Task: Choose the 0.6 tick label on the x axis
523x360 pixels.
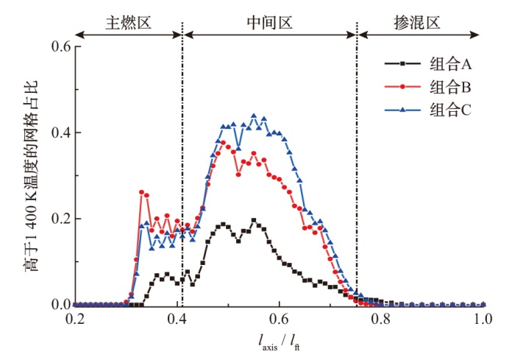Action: click(279, 321)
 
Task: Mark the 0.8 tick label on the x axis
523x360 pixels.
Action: click(380, 321)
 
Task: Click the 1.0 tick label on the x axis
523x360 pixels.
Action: click(483, 321)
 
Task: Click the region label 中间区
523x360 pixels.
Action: click(269, 22)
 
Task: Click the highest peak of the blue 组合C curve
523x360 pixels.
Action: click(254, 116)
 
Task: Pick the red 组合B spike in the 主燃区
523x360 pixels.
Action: click(141, 192)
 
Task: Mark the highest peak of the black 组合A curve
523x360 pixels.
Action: click(254, 220)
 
